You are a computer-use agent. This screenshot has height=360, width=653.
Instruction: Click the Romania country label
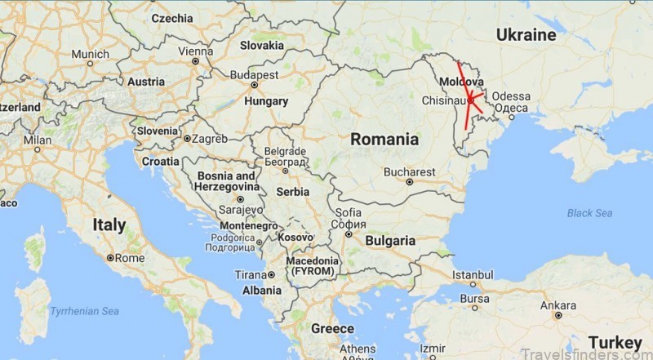384,140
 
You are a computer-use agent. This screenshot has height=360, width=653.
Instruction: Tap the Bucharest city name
410,172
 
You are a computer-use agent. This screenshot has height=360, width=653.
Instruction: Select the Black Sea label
589,213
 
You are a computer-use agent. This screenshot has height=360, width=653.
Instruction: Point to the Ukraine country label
527,35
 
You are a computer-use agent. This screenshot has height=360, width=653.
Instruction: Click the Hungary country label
266,102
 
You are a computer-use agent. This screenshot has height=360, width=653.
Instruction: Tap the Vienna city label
195,51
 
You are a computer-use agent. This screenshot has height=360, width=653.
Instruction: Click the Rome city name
131,258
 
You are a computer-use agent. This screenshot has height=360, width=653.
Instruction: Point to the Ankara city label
558,306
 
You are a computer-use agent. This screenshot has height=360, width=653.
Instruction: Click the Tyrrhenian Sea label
84,311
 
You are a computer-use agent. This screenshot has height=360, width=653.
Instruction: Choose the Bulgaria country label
389,241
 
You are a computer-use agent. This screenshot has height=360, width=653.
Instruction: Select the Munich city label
90,55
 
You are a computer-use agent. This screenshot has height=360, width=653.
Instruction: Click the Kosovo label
295,237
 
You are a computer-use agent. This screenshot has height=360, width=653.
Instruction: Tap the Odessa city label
511,96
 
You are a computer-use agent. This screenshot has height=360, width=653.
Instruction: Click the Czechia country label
172,18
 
